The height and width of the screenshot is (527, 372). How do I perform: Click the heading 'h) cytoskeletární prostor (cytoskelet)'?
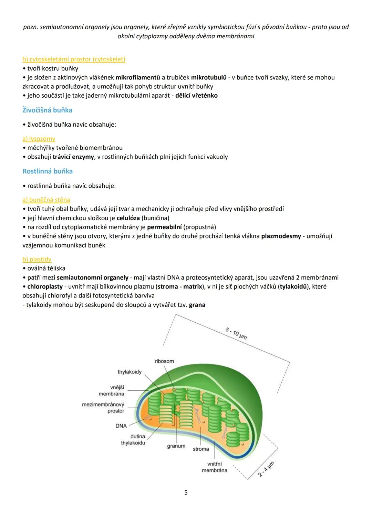tap(74, 59)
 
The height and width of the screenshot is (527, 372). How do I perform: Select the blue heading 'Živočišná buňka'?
tap(47, 110)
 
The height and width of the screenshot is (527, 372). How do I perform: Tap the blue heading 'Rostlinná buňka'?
tap(48, 171)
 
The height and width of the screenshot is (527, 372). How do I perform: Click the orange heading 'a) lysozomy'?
tap(39, 139)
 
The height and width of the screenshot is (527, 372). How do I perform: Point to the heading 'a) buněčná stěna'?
tap(46, 200)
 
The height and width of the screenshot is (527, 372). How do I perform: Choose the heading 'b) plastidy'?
tap(37, 259)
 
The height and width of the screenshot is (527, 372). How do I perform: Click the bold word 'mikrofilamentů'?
tap(138, 77)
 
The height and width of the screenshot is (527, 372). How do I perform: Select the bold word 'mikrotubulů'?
tap(209, 77)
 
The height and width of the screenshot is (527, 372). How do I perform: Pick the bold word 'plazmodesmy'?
tap(281, 236)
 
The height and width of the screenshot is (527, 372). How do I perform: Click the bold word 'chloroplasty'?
tap(45, 286)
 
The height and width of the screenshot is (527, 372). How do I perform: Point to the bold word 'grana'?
tap(197, 305)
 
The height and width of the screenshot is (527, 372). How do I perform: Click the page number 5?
tap(186, 492)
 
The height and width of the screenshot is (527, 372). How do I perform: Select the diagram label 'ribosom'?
tap(164, 361)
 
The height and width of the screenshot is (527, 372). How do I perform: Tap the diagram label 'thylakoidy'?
tap(130, 372)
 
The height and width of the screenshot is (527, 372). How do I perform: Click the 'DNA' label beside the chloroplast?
tap(121, 426)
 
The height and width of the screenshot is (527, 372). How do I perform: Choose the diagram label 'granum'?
tap(176, 446)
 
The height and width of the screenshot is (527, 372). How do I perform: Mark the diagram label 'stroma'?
tap(201, 449)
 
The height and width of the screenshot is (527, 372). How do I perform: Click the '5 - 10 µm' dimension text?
tap(236, 333)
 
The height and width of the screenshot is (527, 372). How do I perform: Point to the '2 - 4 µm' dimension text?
tap(266, 469)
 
